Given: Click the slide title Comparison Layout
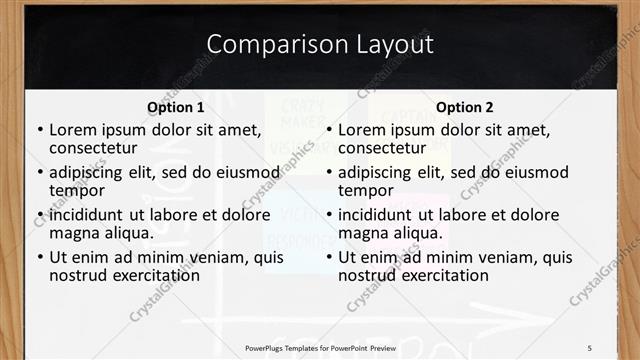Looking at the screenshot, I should point(320,44).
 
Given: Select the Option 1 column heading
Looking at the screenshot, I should point(175,107).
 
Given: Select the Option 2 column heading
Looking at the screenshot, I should point(465,107).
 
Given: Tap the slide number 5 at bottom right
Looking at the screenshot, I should point(589,347).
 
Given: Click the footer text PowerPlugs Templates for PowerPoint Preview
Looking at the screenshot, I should point(320,347).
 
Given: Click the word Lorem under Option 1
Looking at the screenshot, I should point(72,129).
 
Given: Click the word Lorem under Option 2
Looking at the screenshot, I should point(361,129).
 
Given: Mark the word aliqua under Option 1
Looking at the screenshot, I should point(128,233).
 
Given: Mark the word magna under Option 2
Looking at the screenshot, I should point(362,233).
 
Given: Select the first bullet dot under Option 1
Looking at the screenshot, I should point(39,130).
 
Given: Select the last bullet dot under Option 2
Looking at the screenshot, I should point(328,257).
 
